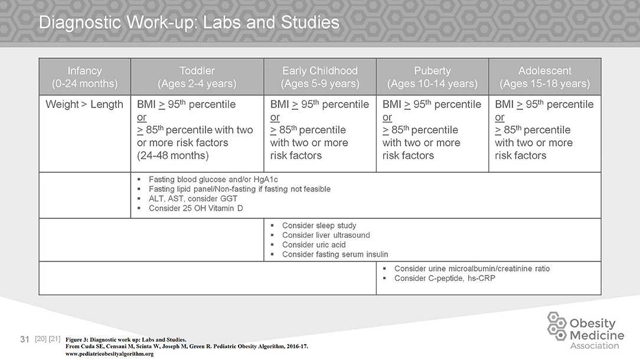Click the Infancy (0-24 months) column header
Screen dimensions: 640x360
[x=84, y=77]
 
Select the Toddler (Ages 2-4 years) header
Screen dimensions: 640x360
[x=197, y=77]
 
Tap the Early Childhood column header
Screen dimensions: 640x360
[x=320, y=77]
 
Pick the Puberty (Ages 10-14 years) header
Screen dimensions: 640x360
[x=432, y=77]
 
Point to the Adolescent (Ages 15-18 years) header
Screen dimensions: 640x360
[x=545, y=77]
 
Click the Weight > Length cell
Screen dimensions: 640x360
[x=84, y=104]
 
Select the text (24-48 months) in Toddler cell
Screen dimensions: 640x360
[x=173, y=156]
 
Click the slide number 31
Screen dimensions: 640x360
[x=25, y=339]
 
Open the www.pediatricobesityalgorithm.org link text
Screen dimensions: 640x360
[x=109, y=354]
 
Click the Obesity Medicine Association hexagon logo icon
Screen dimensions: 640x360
[x=557, y=326]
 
